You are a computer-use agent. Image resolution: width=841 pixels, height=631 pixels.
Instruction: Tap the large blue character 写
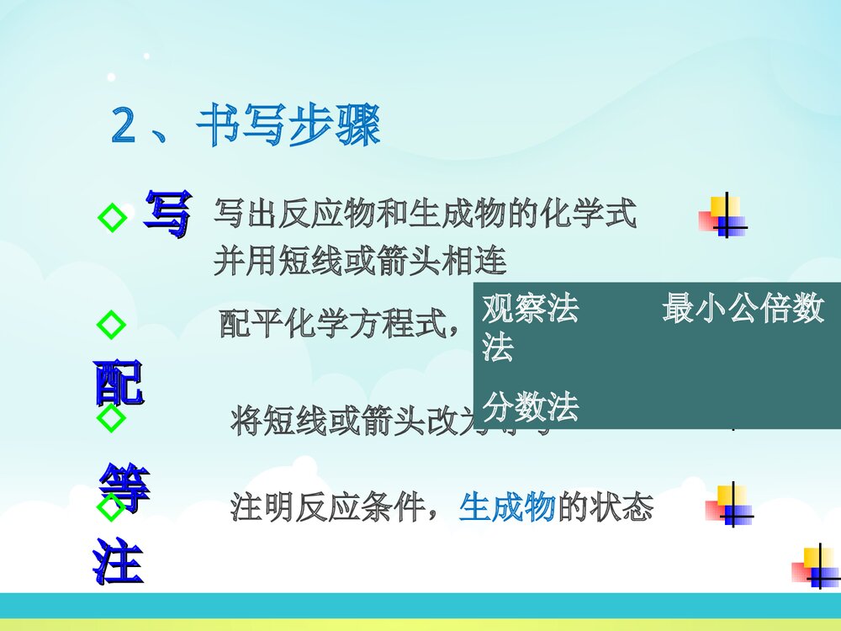coord(167,214)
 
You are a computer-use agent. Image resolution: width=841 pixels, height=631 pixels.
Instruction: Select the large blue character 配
coord(119,384)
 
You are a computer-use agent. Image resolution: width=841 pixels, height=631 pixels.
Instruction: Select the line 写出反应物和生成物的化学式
coord(425,215)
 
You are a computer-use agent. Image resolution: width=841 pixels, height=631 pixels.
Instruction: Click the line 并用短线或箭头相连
coord(360,262)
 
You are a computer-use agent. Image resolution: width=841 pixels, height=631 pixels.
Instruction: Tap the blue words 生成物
coord(506,507)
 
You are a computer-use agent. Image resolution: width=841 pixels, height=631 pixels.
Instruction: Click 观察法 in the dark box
coord(530,310)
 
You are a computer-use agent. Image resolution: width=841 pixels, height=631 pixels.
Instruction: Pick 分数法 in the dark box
coord(530,408)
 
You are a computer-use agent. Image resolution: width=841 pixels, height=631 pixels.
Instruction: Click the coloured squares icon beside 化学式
coord(723,216)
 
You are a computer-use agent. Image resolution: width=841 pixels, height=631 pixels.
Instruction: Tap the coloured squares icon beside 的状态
coord(728,505)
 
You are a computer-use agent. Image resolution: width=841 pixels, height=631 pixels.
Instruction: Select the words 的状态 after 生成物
coord(605,507)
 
